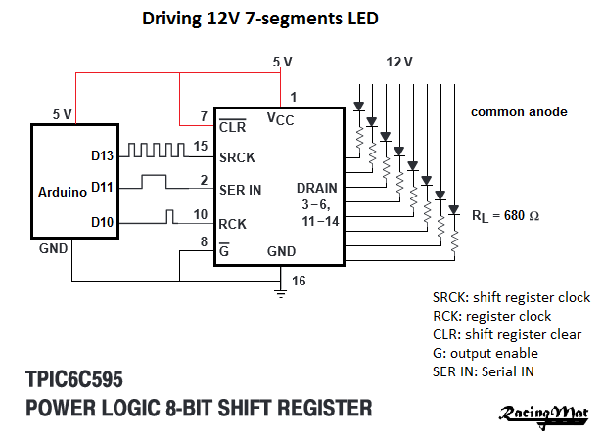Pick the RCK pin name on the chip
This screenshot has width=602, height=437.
(234, 223)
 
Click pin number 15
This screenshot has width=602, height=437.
(200, 147)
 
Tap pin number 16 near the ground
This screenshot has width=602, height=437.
(299, 281)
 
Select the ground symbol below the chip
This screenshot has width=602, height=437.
(282, 289)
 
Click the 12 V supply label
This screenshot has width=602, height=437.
(400, 62)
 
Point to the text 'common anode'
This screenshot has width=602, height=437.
(519, 111)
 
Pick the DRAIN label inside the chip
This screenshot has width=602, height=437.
(316, 187)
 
